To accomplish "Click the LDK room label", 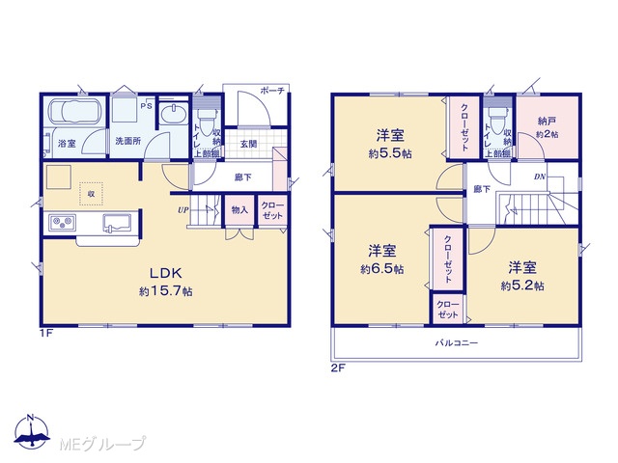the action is pos(165,272).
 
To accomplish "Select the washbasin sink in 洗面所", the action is pos(174,114).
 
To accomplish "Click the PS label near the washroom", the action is pos(146,105).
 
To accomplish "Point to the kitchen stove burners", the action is pos(63,223).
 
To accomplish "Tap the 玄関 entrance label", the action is pos(249,144).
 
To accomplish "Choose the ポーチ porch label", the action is pos(272,91).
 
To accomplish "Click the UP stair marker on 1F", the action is pos(183,210).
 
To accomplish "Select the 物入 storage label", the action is pos(239,210).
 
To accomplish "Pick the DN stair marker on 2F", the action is pos(540,177).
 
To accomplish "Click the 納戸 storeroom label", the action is pos(547,121).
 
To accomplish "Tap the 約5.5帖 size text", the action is pos(390,153).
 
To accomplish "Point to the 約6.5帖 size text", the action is pos(382,269).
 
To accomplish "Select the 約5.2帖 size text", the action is pos(522,286).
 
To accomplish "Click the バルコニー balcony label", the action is pos(457,343).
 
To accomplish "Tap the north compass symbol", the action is pos(32,431).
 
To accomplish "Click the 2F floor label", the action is pos(338,368).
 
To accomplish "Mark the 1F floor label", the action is pos(45,334).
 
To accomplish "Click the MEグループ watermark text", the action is pos(102,444).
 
